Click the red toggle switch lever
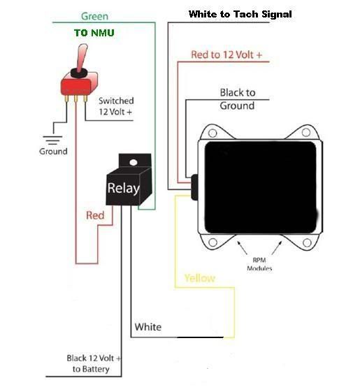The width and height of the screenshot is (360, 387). pos(82,57)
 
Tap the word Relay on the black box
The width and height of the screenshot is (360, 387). pos(124,189)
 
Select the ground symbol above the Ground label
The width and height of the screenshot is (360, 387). pos(52,140)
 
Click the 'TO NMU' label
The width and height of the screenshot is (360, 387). pos(94,33)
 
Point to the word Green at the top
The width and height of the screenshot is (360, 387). pos(94,16)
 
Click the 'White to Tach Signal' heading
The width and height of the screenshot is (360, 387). pos(240,14)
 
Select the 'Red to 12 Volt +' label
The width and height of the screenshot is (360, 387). pos(226,54)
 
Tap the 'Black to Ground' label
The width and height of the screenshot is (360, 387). pos(237,99)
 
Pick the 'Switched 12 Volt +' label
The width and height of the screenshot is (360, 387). pos(116,106)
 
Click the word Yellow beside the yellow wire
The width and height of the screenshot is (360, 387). pos(200,278)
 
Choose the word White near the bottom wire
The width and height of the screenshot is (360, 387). pos(148,327)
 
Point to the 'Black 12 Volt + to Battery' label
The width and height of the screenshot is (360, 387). pos(94,363)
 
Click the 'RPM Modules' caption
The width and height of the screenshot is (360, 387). pos(259,264)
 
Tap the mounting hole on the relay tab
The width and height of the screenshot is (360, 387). pos(134,162)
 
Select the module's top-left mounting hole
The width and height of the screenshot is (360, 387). pos(213,133)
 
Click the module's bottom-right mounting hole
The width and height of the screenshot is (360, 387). pos(307,242)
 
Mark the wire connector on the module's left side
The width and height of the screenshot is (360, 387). pos(194,187)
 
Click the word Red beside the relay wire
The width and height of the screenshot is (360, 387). pos(95,215)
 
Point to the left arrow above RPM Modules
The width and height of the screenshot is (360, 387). pos(243,248)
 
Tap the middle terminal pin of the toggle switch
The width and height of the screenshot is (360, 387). pos(75,98)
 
